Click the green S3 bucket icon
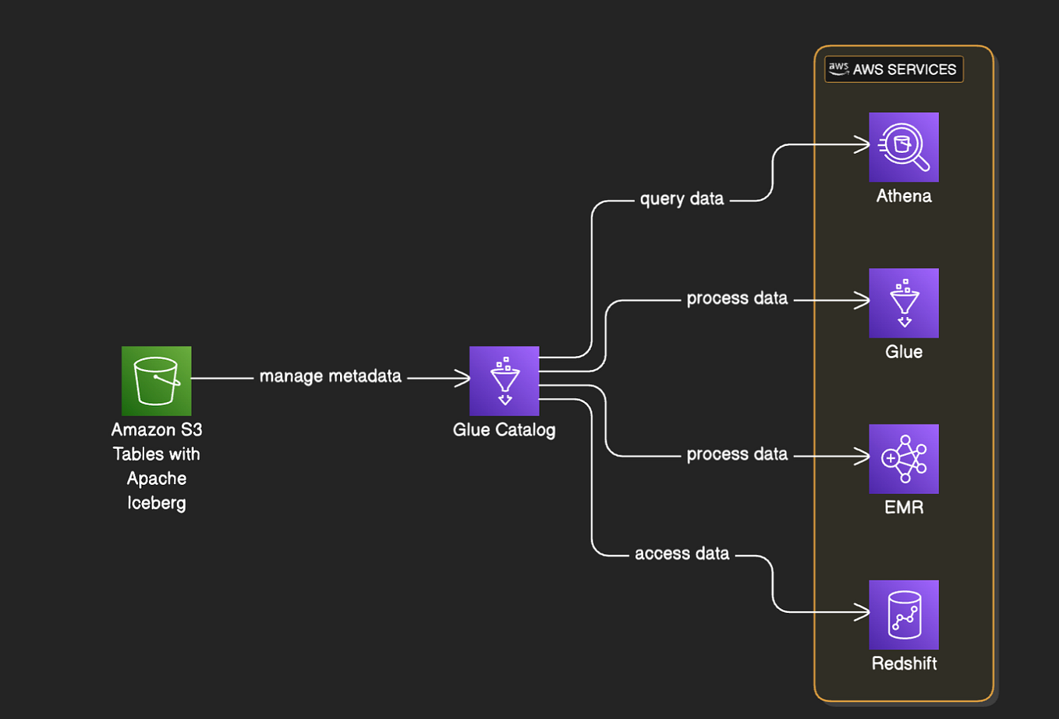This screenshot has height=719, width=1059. (x=156, y=381)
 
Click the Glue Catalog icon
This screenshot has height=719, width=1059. (x=504, y=381)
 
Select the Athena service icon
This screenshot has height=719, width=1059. (x=903, y=147)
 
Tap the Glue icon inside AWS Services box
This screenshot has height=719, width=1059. (x=903, y=303)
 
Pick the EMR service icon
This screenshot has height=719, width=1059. (x=903, y=459)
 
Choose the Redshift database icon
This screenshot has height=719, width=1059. (x=903, y=615)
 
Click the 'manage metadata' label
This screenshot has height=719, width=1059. (x=330, y=376)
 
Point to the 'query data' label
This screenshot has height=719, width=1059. (x=682, y=199)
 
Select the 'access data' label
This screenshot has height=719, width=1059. (x=682, y=553)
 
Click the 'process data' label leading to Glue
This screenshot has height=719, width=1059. (x=736, y=298)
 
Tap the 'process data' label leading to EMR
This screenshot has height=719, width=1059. (x=736, y=454)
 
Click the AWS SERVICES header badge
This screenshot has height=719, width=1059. (x=894, y=69)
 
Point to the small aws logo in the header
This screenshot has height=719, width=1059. (x=838, y=69)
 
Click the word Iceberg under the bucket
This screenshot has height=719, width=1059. (x=156, y=503)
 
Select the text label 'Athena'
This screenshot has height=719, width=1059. (x=903, y=196)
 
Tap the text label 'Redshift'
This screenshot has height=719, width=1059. (x=903, y=664)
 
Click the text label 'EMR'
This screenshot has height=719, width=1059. (x=903, y=507)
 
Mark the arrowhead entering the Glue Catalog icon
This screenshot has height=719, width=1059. (x=463, y=379)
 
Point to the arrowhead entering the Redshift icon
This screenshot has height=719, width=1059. (x=863, y=613)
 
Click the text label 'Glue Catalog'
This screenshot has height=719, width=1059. (x=504, y=429)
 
